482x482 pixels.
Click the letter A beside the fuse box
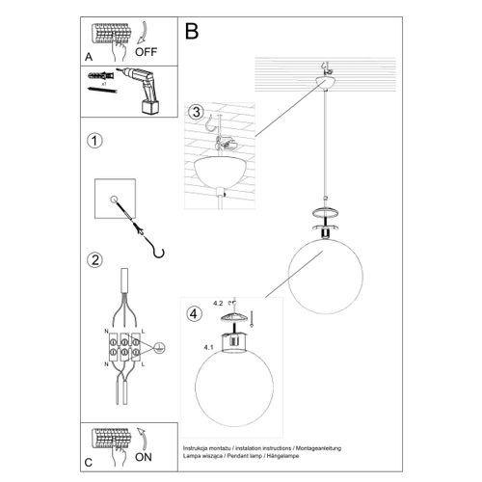tap(89, 57)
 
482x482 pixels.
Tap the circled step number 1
tap(94, 142)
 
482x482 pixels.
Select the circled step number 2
tap(94, 258)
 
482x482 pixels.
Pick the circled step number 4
tap(196, 311)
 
